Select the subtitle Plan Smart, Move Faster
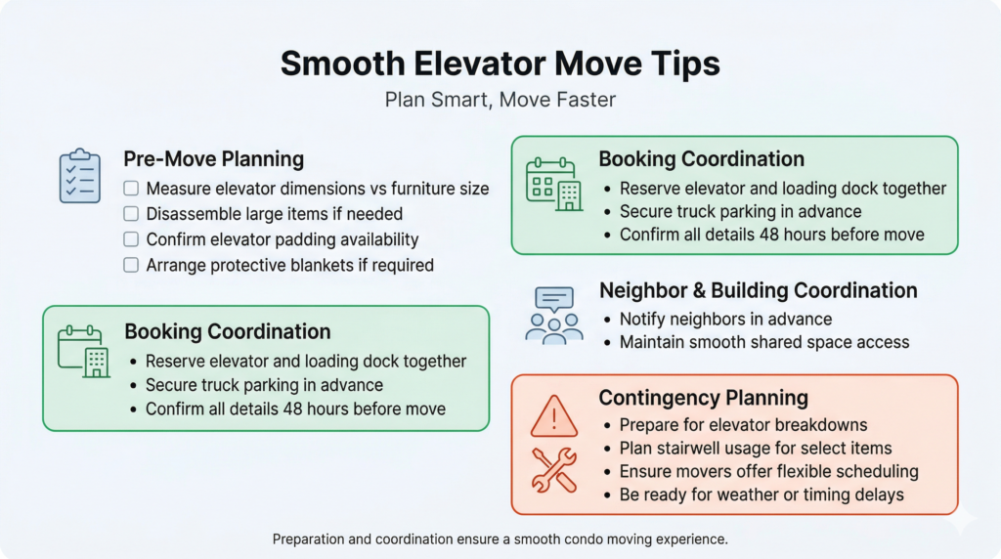(x=500, y=100)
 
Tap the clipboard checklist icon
(x=80, y=176)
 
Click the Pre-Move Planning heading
(x=213, y=159)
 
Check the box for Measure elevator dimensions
(x=131, y=189)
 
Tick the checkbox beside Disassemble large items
(x=131, y=214)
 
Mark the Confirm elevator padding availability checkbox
(x=131, y=239)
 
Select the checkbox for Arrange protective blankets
(x=131, y=265)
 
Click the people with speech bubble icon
(x=553, y=316)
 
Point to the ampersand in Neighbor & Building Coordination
(x=699, y=291)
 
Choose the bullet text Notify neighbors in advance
(x=725, y=319)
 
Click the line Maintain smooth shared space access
(x=764, y=342)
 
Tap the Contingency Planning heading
(x=703, y=398)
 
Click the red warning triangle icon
(x=554, y=416)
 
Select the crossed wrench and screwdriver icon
(x=554, y=470)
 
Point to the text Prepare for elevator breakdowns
(x=743, y=425)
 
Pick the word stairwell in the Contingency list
(x=696, y=448)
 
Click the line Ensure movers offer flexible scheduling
(x=768, y=472)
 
